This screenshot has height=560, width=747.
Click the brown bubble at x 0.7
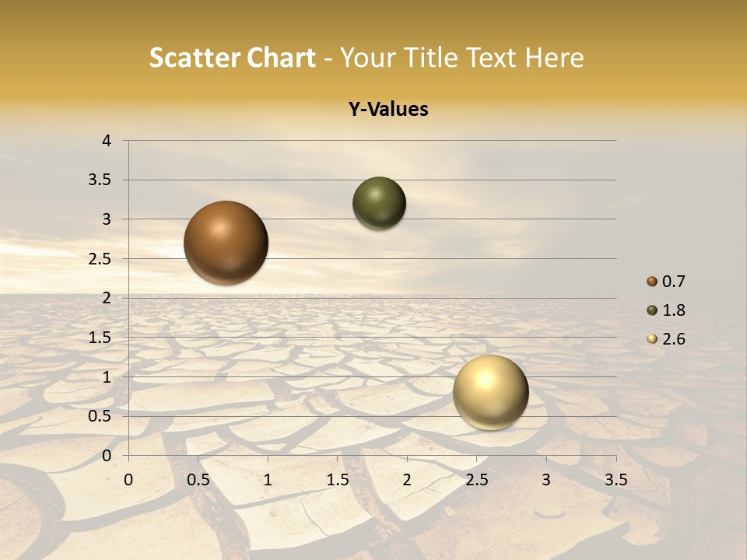click(x=226, y=243)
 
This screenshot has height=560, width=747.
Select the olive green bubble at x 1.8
click(x=379, y=204)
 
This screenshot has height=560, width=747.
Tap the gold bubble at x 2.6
click(x=490, y=392)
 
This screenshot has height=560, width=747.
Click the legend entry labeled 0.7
click(x=672, y=282)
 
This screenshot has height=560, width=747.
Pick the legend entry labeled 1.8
click(x=672, y=310)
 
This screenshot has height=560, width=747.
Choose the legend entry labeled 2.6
click(x=672, y=339)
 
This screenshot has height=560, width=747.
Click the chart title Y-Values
click(x=388, y=109)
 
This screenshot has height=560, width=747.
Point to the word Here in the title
click(x=553, y=58)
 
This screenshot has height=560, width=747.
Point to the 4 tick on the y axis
click(x=107, y=141)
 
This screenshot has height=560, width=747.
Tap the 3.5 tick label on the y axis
click(x=101, y=180)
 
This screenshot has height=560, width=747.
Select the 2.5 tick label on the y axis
click(x=101, y=259)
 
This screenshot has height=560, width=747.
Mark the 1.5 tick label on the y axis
click(x=101, y=338)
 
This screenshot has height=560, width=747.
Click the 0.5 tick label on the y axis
click(x=101, y=416)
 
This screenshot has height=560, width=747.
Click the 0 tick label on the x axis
click(x=128, y=478)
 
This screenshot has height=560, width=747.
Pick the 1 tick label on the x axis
click(x=268, y=478)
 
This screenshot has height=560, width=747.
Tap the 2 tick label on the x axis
click(x=407, y=478)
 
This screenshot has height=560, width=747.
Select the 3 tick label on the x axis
click(x=546, y=478)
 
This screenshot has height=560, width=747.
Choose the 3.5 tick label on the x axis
click(x=615, y=478)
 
